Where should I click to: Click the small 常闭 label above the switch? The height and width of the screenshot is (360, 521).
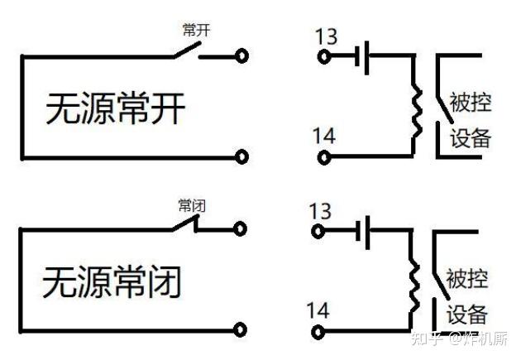pyautogui.click(x=191, y=205)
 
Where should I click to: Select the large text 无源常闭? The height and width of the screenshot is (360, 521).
pyautogui.click(x=112, y=282)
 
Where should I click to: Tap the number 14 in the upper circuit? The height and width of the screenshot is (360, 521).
pyautogui.click(x=326, y=135)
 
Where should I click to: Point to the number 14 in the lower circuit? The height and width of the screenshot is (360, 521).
pyautogui.click(x=318, y=311)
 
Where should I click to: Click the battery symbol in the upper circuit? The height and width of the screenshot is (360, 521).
pyautogui.click(x=361, y=57)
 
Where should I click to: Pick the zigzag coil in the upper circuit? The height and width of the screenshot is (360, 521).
pyautogui.click(x=417, y=107)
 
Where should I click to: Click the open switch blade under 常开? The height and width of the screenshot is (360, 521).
pyautogui.click(x=186, y=50)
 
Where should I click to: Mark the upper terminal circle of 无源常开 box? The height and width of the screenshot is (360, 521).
pyautogui.click(x=241, y=56)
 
